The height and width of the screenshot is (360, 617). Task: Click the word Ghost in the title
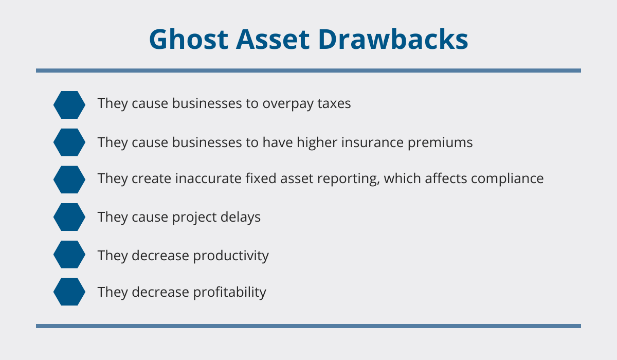tap(189, 39)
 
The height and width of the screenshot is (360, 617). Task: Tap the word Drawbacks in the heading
tap(393, 39)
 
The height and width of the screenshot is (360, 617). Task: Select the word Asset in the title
tap(273, 39)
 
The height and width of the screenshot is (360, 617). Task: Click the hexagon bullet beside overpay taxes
tap(69, 105)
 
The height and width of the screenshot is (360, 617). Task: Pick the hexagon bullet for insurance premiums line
tap(69, 142)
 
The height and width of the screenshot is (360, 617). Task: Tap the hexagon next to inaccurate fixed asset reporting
tap(69, 179)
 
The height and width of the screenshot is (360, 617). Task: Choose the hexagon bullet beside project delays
tap(69, 217)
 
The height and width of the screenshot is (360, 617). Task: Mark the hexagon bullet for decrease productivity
tap(69, 254)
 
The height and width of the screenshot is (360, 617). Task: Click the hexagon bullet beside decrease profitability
tap(69, 292)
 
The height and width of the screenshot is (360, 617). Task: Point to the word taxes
tap(334, 103)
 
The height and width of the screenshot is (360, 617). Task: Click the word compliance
tap(507, 179)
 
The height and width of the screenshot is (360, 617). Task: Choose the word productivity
tap(231, 256)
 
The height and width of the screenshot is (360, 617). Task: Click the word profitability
tap(229, 293)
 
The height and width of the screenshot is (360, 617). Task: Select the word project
tap(194, 218)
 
